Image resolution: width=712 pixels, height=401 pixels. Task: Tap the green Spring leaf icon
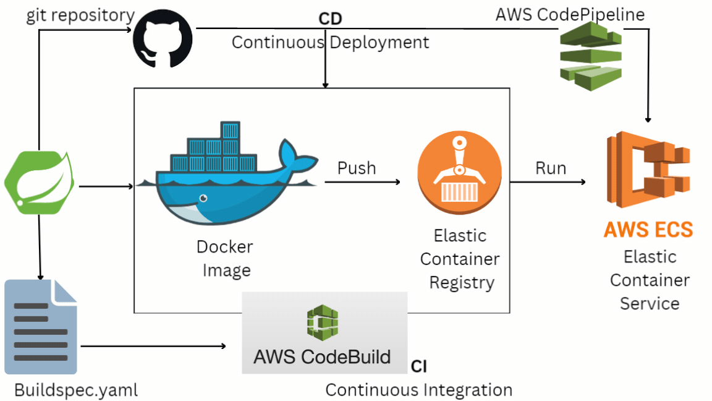(x=40, y=184)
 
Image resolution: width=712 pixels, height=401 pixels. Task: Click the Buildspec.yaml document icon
(x=41, y=327)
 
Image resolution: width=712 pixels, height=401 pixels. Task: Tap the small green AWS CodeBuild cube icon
(x=322, y=322)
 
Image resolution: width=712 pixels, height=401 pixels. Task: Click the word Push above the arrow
(x=357, y=168)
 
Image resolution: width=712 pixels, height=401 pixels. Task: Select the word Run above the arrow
(x=551, y=168)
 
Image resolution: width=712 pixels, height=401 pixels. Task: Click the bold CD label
(x=330, y=19)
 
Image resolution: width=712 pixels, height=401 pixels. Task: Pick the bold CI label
(x=418, y=367)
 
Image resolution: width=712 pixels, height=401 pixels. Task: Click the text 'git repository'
(x=80, y=16)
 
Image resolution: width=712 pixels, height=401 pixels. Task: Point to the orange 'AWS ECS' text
(x=648, y=230)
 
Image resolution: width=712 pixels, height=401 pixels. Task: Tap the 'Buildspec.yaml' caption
(x=75, y=390)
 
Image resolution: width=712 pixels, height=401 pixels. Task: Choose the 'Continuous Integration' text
(x=418, y=390)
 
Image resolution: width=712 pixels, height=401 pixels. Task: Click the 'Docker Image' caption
(x=224, y=259)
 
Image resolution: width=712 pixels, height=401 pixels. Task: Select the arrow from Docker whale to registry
(x=362, y=182)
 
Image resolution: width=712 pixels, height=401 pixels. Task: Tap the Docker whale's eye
(x=202, y=199)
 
